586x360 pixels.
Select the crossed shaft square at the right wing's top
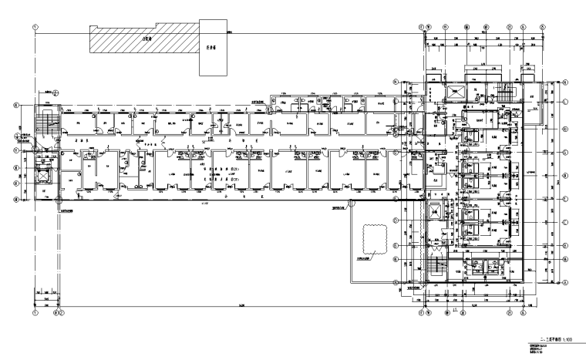pos(454,90)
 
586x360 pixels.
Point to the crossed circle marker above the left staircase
pos(48,96)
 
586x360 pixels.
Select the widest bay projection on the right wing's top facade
pos(478,72)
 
